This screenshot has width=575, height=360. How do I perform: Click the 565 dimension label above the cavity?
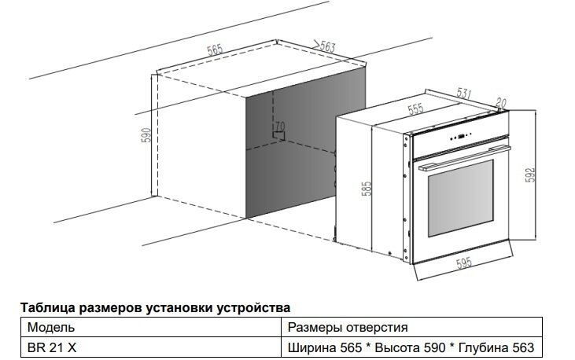click(214, 49)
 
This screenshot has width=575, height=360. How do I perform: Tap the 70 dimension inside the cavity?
click(279, 126)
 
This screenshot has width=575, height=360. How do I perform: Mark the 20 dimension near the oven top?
click(501, 102)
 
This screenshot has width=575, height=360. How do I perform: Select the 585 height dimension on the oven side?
click(367, 191)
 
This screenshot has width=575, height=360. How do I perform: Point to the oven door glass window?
click(460, 198)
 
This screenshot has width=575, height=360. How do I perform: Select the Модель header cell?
click(51, 326)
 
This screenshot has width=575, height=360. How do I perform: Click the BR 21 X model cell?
click(50, 347)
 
